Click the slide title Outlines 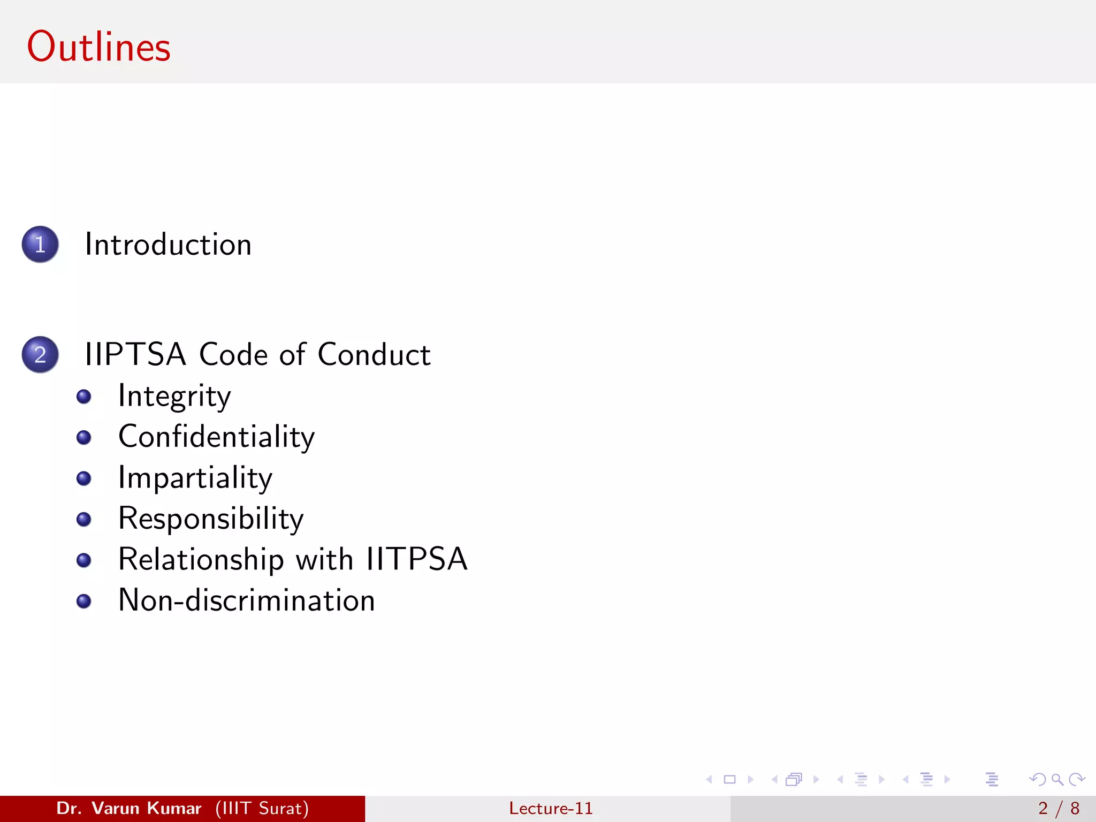[98, 47]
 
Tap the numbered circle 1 [40, 245]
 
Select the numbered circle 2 [40, 355]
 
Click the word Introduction [168, 245]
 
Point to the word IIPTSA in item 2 [135, 354]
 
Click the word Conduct [374, 354]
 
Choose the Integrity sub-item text [174, 397]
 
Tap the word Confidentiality [216, 437]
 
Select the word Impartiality [195, 478]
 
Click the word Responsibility [211, 519]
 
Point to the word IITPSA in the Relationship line [416, 559]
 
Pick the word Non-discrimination [246, 600]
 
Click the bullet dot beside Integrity [84, 397]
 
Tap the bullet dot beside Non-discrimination [84, 601]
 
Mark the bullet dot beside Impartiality [84, 478]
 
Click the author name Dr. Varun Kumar [128, 808]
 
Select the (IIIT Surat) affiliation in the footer [262, 808]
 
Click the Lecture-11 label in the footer [551, 808]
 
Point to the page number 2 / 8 [1059, 808]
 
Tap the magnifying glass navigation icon [1057, 780]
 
